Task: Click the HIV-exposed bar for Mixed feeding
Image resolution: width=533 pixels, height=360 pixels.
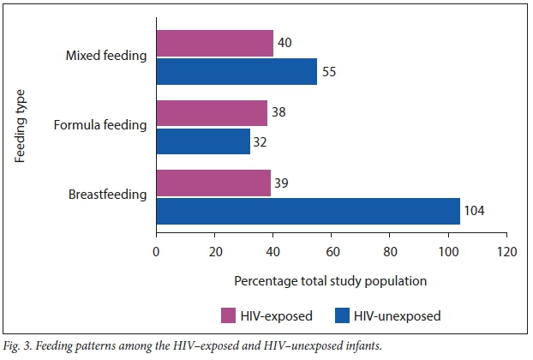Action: pyautogui.click(x=214, y=43)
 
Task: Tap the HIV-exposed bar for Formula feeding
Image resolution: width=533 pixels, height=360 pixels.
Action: pyautogui.click(x=212, y=112)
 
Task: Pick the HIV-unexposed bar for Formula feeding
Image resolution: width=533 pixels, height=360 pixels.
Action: pyautogui.click(x=202, y=140)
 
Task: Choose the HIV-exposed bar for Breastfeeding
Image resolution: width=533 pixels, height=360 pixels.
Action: pyautogui.click(x=213, y=182)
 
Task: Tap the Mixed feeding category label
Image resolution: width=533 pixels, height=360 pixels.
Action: pyautogui.click(x=106, y=57)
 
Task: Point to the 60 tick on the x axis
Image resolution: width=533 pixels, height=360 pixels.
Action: pyautogui.click(x=332, y=252)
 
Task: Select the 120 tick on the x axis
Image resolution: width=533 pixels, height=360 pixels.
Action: pyautogui.click(x=507, y=252)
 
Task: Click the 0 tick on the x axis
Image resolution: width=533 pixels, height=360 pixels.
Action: pyautogui.click(x=156, y=252)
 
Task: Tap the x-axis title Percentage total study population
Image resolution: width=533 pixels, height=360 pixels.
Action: pyautogui.click(x=330, y=280)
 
